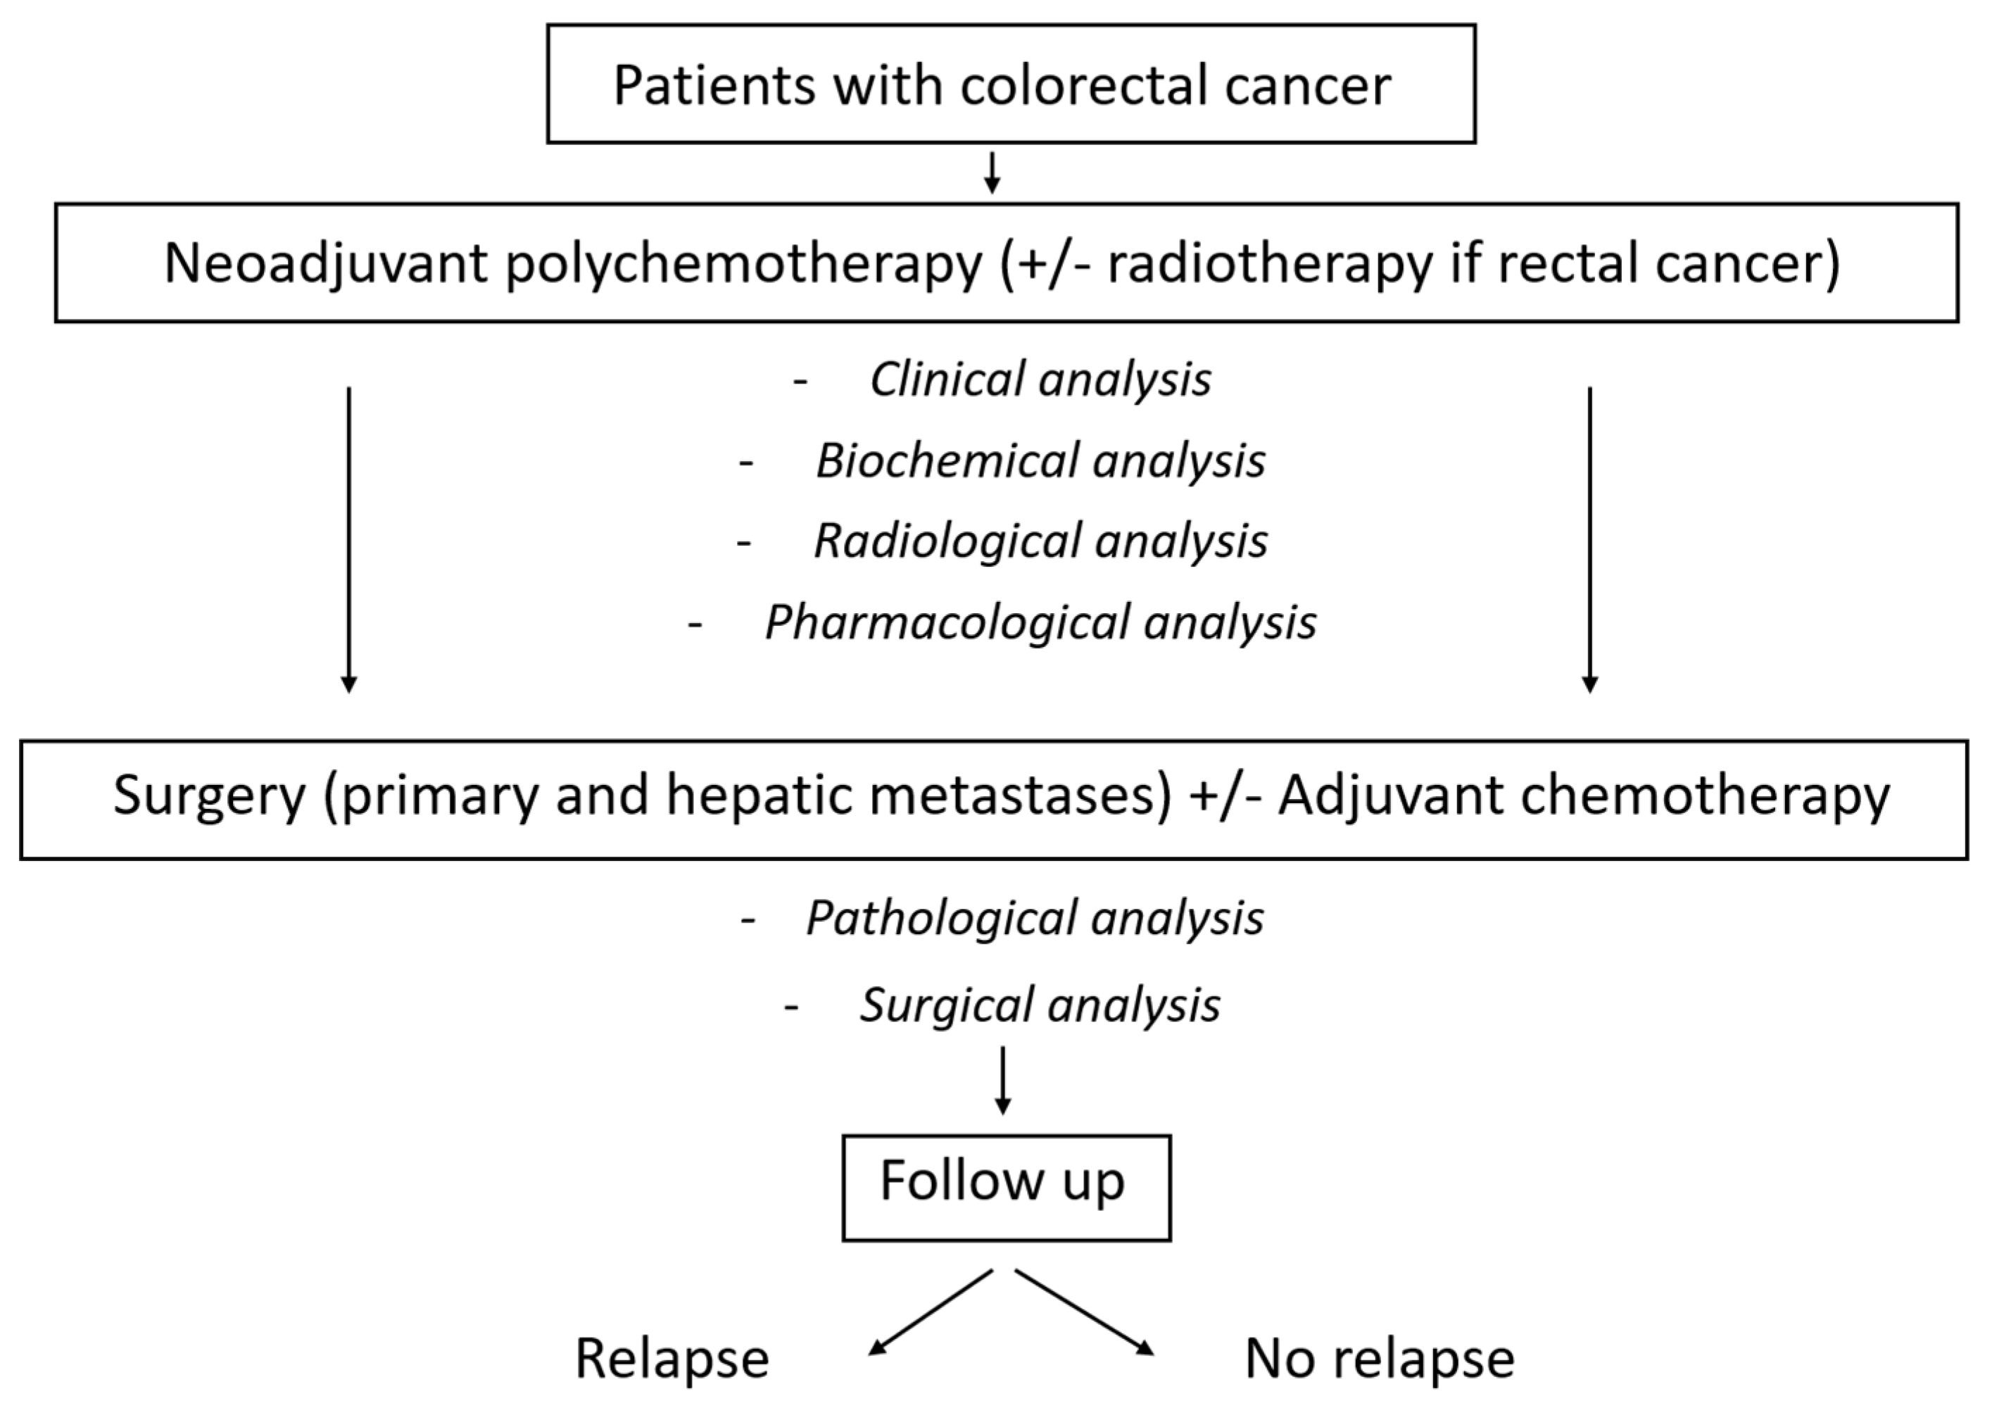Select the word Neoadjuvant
point(325,264)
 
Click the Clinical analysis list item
point(1040,379)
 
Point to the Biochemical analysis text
point(1040,460)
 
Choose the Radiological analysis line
point(1040,541)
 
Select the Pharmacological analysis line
point(1040,622)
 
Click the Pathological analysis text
point(1034,918)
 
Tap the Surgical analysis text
point(1040,1005)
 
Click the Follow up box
point(1006,1188)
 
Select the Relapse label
point(672,1359)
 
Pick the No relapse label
point(1380,1359)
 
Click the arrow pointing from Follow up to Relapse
point(930,1312)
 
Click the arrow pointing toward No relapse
point(1085,1312)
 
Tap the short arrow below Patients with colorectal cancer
point(992,172)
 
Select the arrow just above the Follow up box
point(1003,1080)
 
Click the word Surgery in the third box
point(209,796)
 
